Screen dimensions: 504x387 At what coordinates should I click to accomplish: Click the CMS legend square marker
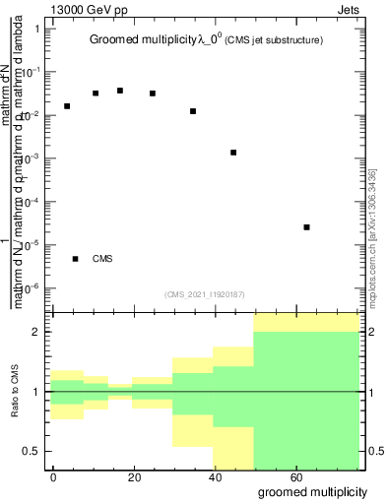75,259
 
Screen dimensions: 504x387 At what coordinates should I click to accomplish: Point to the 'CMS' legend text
102,259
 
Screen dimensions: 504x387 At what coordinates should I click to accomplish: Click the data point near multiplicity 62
307,227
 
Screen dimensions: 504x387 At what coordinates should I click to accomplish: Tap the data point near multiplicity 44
233,153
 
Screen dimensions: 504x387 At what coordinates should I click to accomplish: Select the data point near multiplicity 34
193,111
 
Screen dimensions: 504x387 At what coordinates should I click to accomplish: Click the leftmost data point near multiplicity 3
67,106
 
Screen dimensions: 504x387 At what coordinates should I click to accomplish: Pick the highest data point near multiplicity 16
120,91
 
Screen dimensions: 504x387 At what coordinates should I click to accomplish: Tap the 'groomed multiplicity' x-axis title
308,490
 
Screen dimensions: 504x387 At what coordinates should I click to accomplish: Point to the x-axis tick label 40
216,476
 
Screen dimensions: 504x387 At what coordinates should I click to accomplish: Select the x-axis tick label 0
54,476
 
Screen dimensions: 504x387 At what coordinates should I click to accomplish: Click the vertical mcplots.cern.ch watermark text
372,236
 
